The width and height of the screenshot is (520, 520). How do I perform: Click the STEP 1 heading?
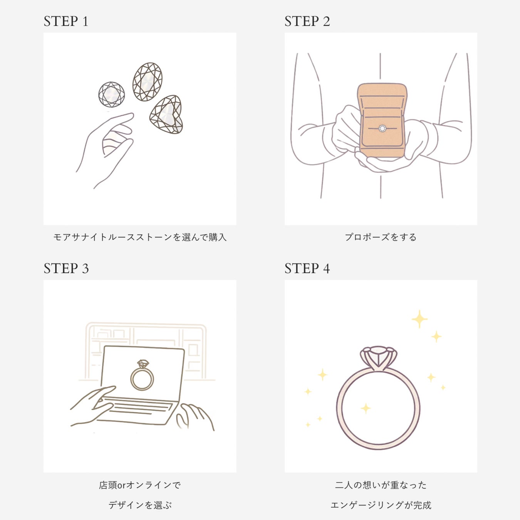pyautogui.click(x=66, y=21)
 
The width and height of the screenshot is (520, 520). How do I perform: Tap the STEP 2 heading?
pyautogui.click(x=307, y=21)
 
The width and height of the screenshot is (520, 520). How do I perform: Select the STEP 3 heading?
pyautogui.click(x=66, y=268)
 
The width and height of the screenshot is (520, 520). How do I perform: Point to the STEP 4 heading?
pyautogui.click(x=307, y=268)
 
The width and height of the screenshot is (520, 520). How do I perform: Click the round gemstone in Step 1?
pyautogui.click(x=111, y=94)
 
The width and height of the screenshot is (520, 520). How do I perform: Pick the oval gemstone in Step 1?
pyautogui.click(x=148, y=82)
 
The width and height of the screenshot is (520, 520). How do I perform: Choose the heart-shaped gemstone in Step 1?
pyautogui.click(x=167, y=114)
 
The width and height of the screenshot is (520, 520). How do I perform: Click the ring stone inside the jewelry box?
pyautogui.click(x=382, y=128)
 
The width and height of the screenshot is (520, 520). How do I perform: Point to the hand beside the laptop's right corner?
pyautogui.click(x=195, y=417)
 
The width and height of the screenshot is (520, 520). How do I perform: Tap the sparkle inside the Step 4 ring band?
pyautogui.click(x=366, y=409)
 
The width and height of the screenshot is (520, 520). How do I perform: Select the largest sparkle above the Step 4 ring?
pyautogui.click(x=419, y=319)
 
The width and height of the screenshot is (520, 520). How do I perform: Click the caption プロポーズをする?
pyautogui.click(x=381, y=237)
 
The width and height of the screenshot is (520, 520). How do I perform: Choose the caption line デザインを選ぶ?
pyautogui.click(x=140, y=505)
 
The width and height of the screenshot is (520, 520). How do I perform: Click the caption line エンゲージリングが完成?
pyautogui.click(x=381, y=505)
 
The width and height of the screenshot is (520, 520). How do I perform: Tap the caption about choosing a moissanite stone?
pyautogui.click(x=140, y=237)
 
